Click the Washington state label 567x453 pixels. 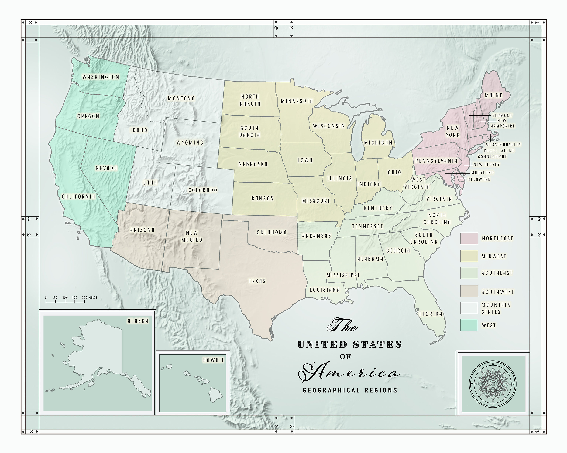(101, 77)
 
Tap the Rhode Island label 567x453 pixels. (499, 150)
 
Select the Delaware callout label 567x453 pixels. (479, 179)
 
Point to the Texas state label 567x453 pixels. (257, 281)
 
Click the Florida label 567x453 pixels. (431, 314)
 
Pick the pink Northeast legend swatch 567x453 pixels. (469, 238)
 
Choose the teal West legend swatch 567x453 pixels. (469, 325)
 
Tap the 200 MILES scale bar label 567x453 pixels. (89, 297)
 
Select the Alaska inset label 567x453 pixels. (138, 321)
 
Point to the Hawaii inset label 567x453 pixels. (213, 360)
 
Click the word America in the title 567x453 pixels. (350, 373)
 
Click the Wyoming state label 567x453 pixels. (190, 143)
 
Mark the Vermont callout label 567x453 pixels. (502, 116)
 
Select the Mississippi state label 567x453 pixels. (343, 275)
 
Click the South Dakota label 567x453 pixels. (250, 131)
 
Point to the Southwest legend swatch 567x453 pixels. (469, 291)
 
